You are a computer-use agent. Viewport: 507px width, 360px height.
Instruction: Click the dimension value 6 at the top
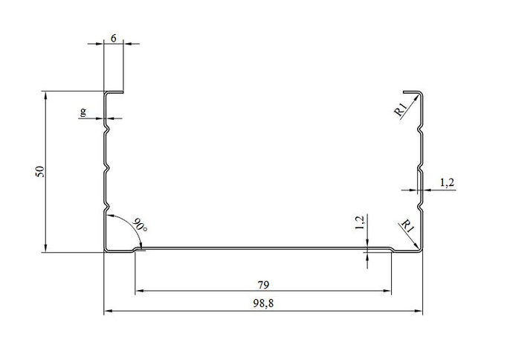pyautogui.click(x=114, y=38)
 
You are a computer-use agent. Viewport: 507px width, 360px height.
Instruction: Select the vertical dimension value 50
pyautogui.click(x=39, y=171)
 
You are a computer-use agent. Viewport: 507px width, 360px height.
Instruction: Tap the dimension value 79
pyautogui.click(x=263, y=285)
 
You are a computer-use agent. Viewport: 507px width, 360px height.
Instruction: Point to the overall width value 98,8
pyautogui.click(x=263, y=303)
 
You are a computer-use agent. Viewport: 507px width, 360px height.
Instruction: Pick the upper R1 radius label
pyautogui.click(x=400, y=109)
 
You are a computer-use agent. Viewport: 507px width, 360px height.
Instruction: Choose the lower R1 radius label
pyautogui.click(x=407, y=226)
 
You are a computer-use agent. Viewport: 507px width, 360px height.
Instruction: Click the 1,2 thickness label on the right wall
pyautogui.click(x=448, y=183)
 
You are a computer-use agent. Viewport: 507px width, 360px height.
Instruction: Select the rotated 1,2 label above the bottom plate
pyautogui.click(x=360, y=222)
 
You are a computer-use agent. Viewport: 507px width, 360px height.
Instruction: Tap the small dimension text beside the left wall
pyautogui.click(x=83, y=112)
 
